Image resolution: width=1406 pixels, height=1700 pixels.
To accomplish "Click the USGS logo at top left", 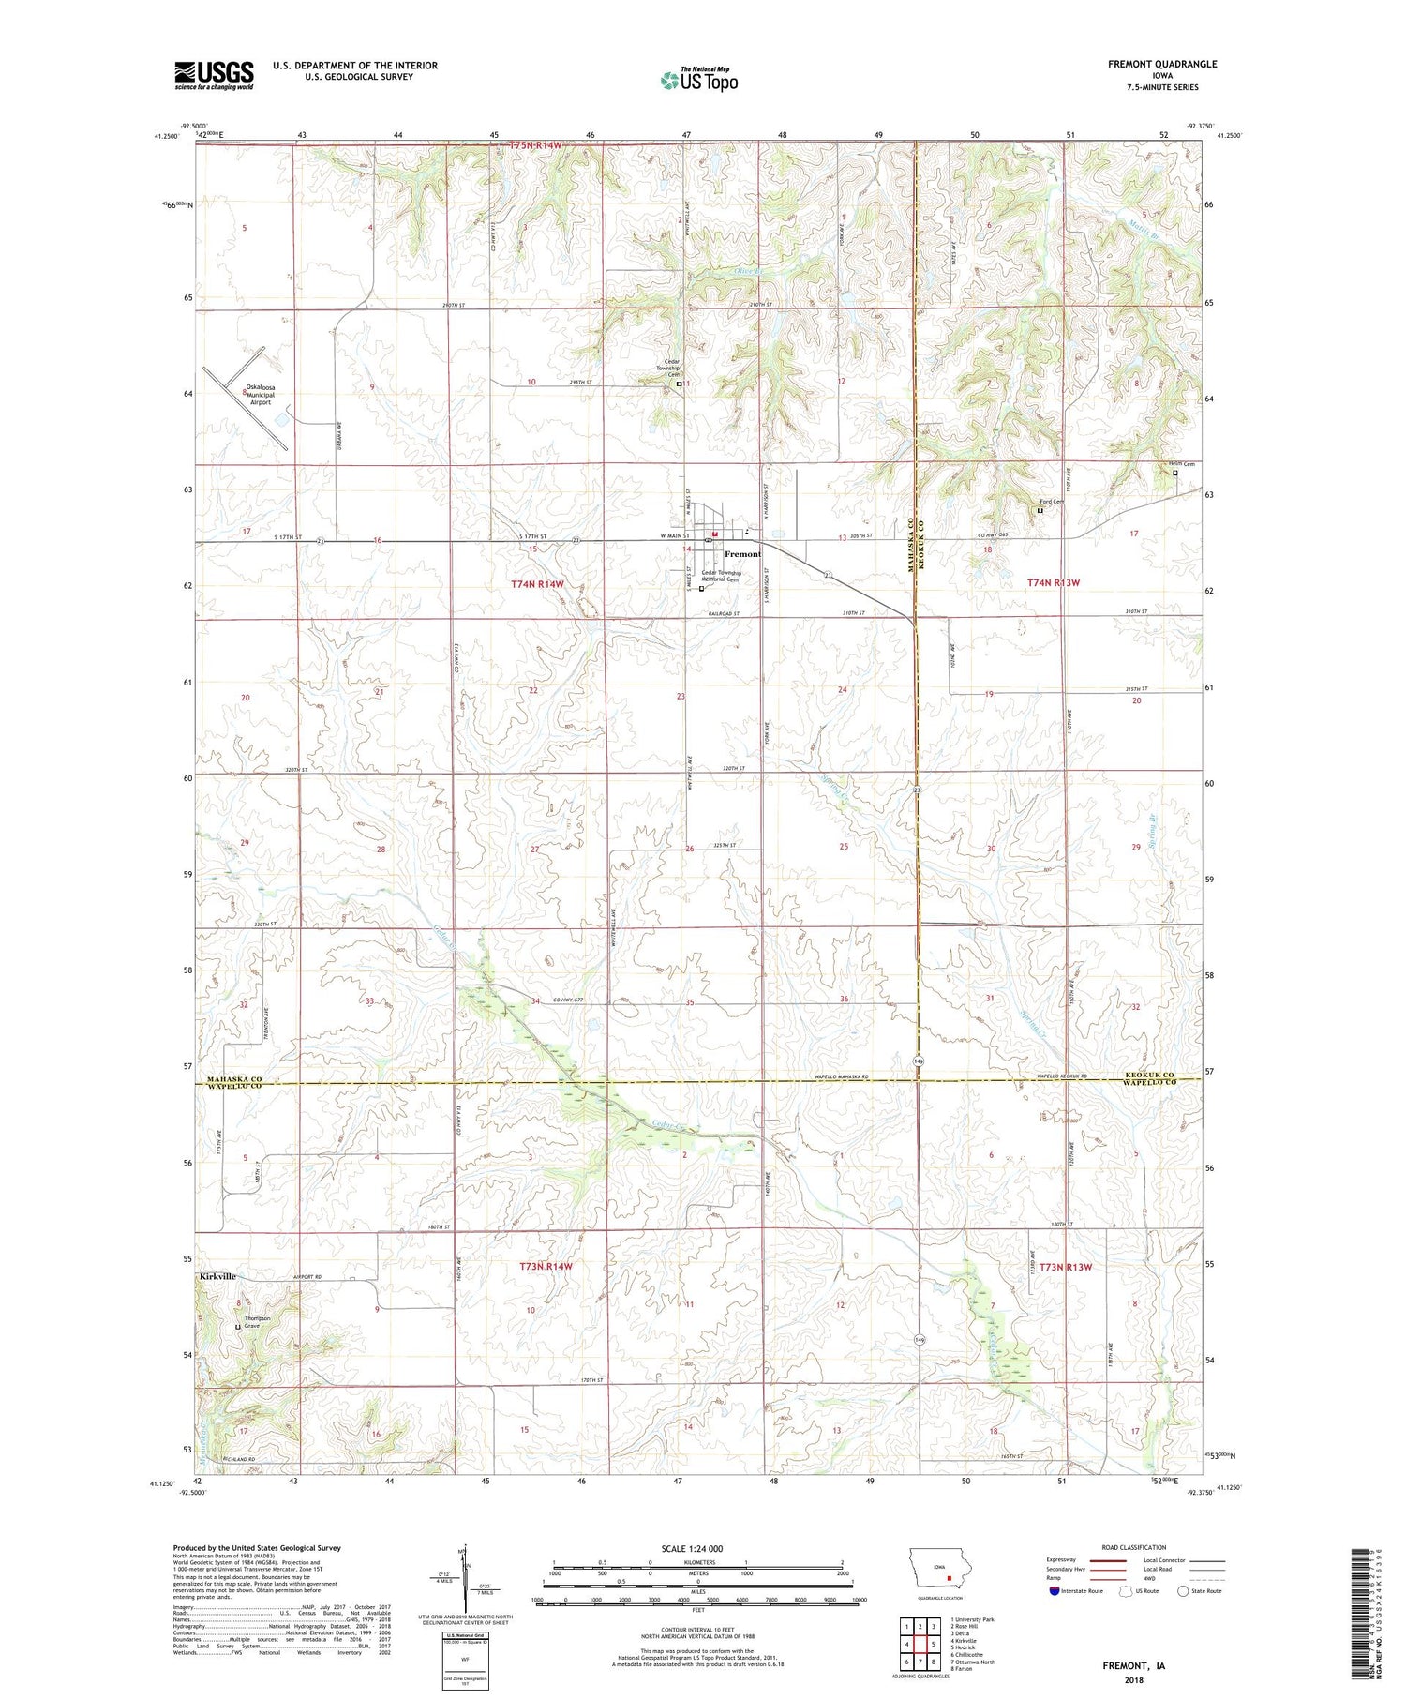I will click(214, 75).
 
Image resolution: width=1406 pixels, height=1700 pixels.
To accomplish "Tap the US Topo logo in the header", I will click(698, 80).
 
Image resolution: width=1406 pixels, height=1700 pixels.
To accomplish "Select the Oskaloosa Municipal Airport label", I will click(260, 394).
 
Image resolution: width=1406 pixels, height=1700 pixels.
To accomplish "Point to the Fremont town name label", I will click(742, 554).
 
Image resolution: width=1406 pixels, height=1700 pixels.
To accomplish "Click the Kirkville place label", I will click(217, 1276).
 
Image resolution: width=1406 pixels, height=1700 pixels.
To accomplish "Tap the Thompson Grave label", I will click(257, 1322).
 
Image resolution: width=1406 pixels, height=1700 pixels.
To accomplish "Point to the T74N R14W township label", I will click(538, 583).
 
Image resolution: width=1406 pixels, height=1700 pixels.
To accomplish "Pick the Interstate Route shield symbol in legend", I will click(1054, 1591).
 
